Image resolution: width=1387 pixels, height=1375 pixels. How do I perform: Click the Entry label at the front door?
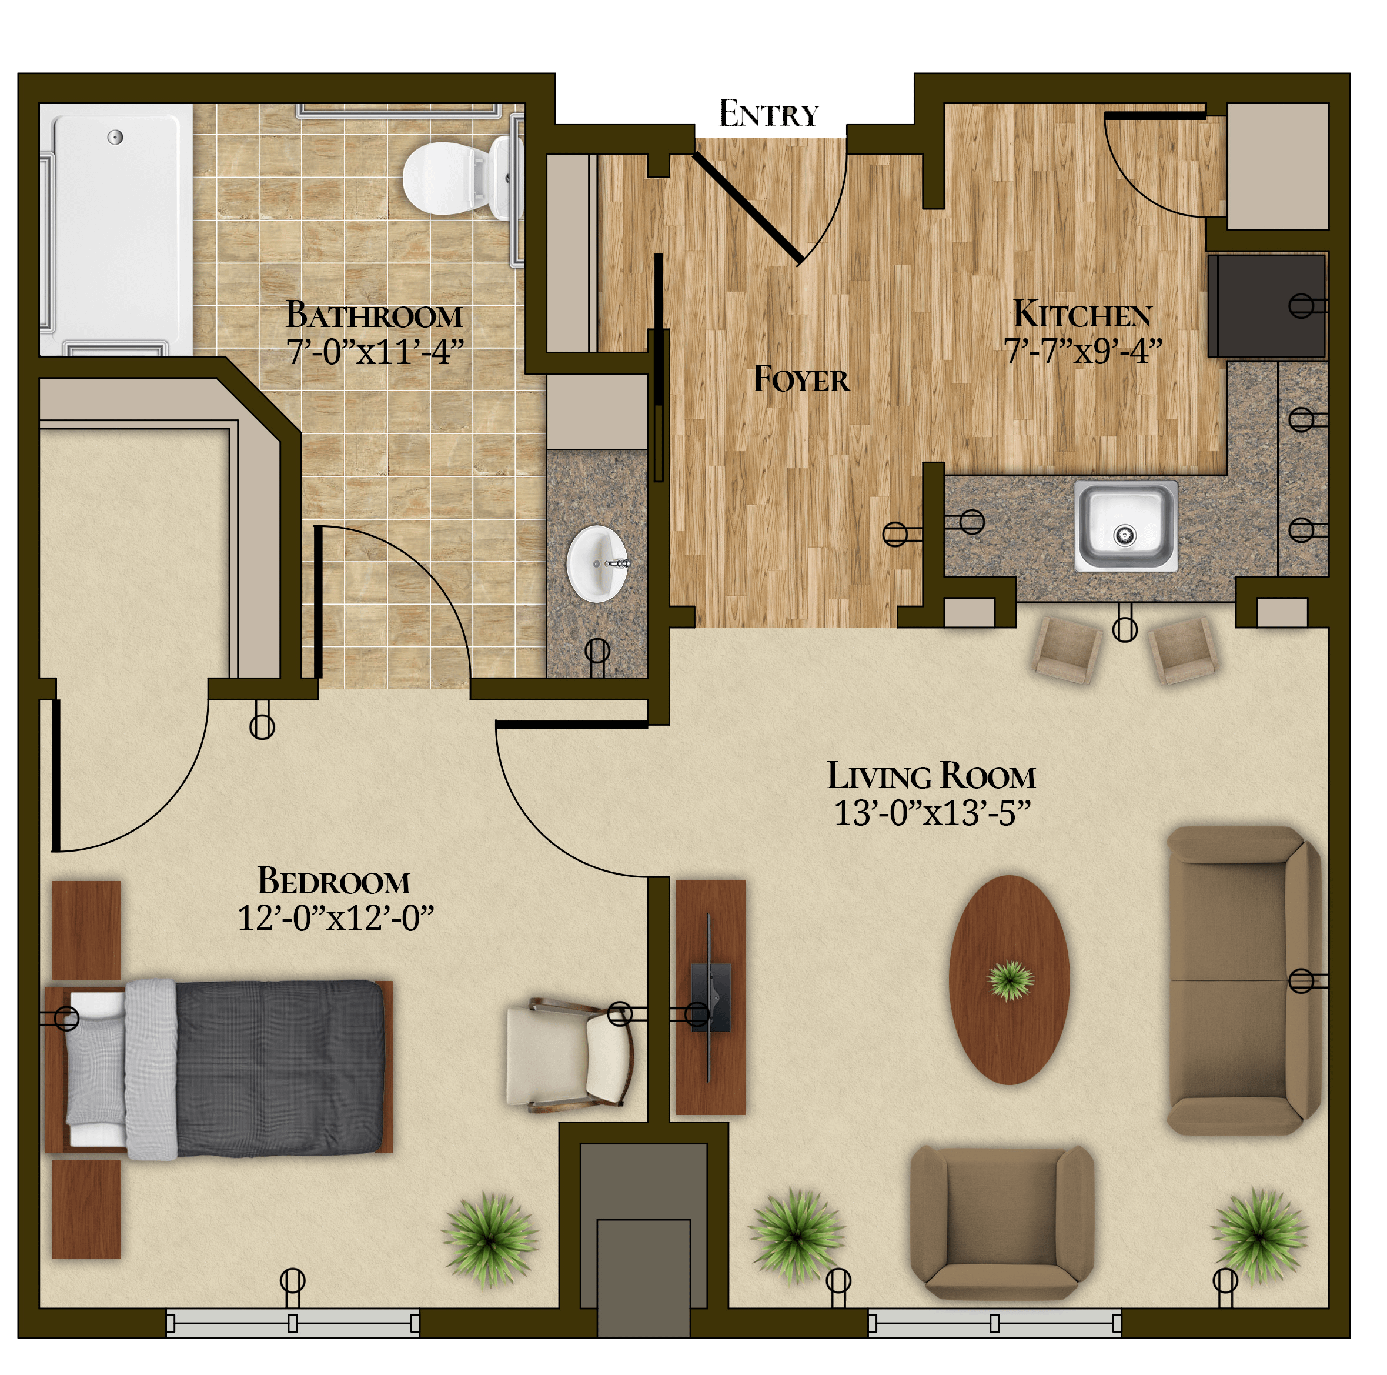coord(769,114)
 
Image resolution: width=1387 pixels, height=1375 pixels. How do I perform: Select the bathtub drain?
coord(115,136)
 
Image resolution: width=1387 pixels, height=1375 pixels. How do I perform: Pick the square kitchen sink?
coord(1125,526)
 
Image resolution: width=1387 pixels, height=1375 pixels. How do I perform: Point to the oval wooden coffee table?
coord(1010,979)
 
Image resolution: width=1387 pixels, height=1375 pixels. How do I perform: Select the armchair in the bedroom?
coord(570,1054)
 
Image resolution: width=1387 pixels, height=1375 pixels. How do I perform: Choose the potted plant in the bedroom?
coord(490,1239)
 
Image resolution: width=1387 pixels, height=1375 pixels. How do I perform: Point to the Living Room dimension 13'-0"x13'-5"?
coord(932,813)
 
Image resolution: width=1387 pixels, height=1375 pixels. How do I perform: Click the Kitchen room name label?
coord(1082,315)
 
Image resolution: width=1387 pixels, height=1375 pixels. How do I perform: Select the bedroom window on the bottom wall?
coord(293,1323)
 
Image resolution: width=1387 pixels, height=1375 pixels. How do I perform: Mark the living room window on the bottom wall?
coord(994,1323)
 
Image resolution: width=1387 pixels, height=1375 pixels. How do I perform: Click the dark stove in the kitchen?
coord(1266,305)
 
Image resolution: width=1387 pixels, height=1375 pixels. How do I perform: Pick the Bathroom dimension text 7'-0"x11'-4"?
coord(375,352)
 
